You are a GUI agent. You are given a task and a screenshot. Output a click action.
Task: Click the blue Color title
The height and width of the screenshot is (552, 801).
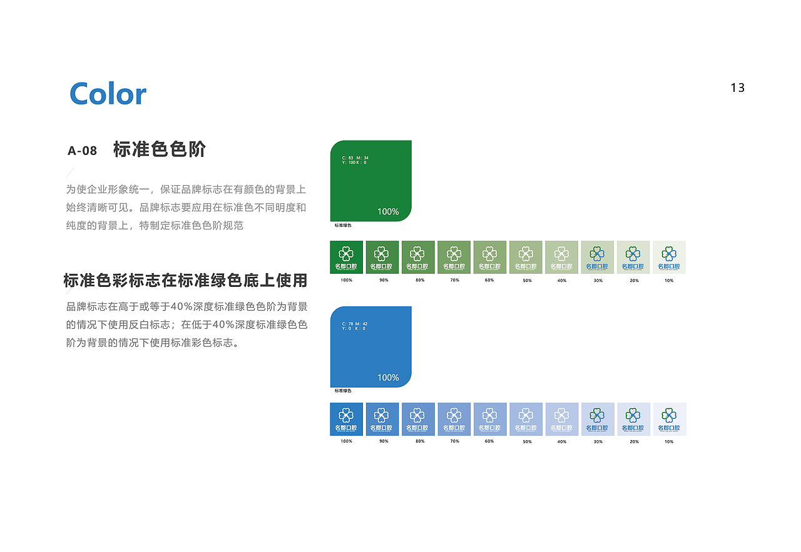pyautogui.click(x=108, y=94)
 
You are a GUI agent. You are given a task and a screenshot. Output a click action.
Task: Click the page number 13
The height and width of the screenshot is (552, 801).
pyautogui.click(x=738, y=88)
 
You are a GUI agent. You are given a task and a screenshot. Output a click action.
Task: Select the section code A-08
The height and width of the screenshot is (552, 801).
pyautogui.click(x=82, y=151)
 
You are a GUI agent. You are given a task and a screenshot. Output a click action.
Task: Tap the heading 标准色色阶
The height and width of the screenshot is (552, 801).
pyautogui.click(x=160, y=149)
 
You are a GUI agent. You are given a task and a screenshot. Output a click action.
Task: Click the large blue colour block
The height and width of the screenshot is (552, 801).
pyautogui.click(x=370, y=346)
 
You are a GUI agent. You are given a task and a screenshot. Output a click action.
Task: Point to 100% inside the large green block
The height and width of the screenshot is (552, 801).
pyautogui.click(x=388, y=212)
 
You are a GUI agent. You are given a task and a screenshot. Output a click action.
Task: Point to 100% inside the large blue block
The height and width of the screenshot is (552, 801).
pyautogui.click(x=388, y=378)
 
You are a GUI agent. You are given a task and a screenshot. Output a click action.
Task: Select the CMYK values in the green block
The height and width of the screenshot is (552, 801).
pyautogui.click(x=355, y=160)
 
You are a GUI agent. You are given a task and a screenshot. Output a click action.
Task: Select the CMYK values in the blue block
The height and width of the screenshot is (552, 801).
pyautogui.click(x=355, y=326)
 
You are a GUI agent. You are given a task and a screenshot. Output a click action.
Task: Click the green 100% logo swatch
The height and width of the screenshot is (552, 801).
pyautogui.click(x=346, y=257)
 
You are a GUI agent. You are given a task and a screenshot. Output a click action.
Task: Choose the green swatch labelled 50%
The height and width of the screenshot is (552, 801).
pyautogui.click(x=526, y=257)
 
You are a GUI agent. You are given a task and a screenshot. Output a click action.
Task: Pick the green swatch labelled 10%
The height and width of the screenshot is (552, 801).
pyautogui.click(x=669, y=257)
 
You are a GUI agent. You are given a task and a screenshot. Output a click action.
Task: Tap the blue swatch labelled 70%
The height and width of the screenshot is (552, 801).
pyautogui.click(x=454, y=419)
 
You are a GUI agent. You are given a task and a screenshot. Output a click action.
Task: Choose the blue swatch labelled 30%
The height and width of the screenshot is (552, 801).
pyautogui.click(x=598, y=419)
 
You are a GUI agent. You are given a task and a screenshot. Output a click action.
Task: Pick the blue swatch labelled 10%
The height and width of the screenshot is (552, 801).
pyautogui.click(x=669, y=419)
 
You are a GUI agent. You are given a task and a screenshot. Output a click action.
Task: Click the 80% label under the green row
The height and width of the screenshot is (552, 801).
pyautogui.click(x=420, y=280)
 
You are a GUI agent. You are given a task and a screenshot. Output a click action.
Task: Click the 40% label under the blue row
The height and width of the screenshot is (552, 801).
pyautogui.click(x=562, y=441)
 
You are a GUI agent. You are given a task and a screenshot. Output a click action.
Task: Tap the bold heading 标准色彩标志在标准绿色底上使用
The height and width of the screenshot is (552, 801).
pyautogui.click(x=185, y=281)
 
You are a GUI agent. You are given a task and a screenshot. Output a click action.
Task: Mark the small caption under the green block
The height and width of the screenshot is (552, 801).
pyautogui.click(x=343, y=225)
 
